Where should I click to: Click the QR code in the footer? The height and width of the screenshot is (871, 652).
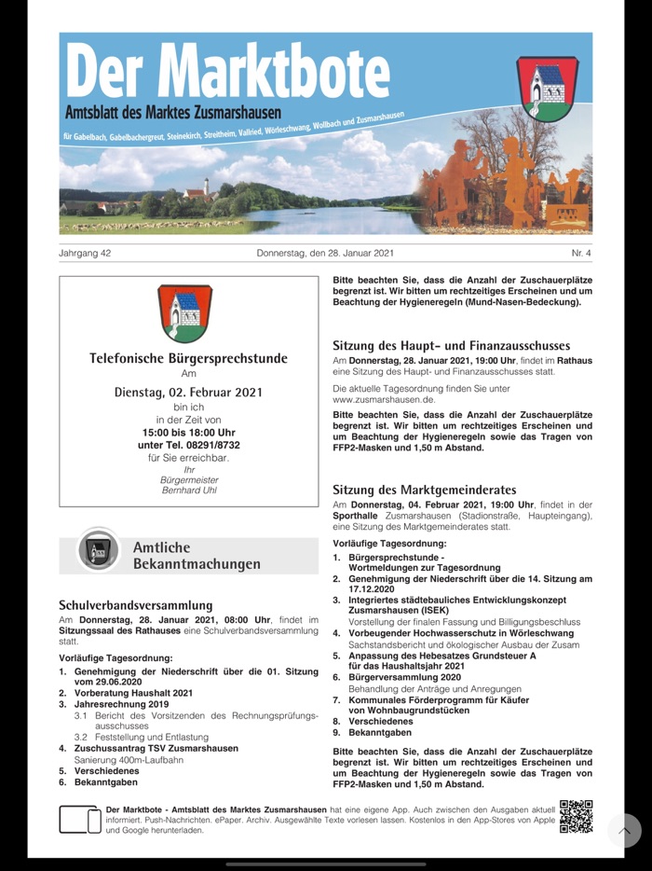(x=576, y=816)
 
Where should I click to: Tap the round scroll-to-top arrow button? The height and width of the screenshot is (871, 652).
(x=624, y=831)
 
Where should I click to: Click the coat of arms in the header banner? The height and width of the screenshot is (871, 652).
(x=548, y=88)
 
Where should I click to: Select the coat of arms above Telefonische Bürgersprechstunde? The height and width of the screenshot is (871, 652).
(x=184, y=313)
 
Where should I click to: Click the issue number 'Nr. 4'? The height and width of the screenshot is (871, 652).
(x=581, y=253)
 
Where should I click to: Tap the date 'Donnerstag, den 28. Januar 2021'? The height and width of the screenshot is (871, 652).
(x=326, y=253)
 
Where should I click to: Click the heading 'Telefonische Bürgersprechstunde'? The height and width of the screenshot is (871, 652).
(x=188, y=358)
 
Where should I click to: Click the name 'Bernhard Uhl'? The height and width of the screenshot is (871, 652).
(x=188, y=490)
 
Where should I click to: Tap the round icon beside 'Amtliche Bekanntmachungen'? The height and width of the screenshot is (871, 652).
(x=98, y=550)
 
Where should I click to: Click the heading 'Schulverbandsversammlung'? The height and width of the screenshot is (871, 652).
(x=136, y=605)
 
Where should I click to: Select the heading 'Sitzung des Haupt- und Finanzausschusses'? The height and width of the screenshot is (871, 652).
(x=451, y=344)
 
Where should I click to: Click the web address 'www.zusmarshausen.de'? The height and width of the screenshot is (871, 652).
(x=383, y=399)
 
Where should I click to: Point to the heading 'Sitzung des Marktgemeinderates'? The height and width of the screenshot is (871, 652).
(x=424, y=490)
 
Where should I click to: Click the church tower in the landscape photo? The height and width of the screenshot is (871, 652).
(x=206, y=187)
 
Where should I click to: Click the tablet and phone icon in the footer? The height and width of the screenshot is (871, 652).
(x=80, y=820)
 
